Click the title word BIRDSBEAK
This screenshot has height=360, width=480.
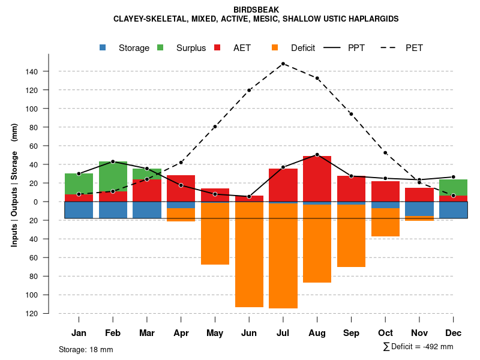coord(256,10)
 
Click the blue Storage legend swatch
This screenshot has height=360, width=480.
coord(104,48)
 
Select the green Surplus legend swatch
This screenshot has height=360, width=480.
coord(160,48)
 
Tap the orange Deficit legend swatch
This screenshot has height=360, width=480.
coord(275,48)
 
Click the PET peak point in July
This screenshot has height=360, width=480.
coord(283,64)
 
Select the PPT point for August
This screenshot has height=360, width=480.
coord(317,155)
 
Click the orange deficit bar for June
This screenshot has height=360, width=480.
coord(249,255)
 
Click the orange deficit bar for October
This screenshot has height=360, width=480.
coord(385,222)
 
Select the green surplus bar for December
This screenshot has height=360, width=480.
coord(454,187)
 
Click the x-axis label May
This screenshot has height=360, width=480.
coord(215,333)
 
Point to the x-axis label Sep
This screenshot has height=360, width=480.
coord(351,333)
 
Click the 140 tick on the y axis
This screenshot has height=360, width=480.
coord(31,71)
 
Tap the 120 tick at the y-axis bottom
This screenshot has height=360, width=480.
coord(31,313)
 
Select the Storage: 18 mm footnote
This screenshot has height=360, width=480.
coord(86,349)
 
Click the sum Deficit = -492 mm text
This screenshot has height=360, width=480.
coord(418,347)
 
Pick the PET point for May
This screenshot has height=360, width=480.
coord(215,127)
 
